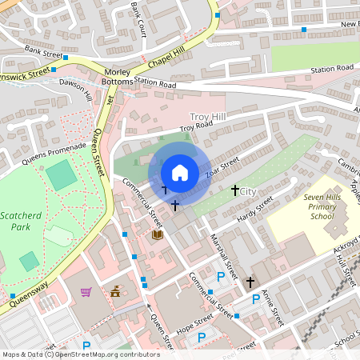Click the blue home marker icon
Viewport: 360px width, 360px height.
(x=180, y=172)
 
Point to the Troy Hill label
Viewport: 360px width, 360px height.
(x=208, y=117)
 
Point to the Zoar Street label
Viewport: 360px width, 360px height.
(x=222, y=169)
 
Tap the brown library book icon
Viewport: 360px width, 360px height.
(x=157, y=234)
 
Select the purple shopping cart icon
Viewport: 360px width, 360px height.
(x=86, y=291)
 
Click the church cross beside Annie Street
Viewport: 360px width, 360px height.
(x=250, y=282)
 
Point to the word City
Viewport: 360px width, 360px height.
(x=248, y=192)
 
